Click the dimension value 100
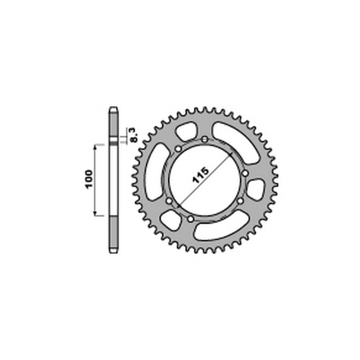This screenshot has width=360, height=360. [89, 179]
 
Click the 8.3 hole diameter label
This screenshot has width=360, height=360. [135, 135]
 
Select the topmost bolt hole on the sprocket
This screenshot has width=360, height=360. [205, 139]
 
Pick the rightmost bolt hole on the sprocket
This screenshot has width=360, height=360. [245, 173]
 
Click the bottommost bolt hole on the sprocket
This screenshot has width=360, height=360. [190, 219]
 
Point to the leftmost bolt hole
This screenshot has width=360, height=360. [169, 201]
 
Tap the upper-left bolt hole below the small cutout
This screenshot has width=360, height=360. [178, 149]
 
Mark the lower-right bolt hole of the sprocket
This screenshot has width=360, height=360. [240, 201]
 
